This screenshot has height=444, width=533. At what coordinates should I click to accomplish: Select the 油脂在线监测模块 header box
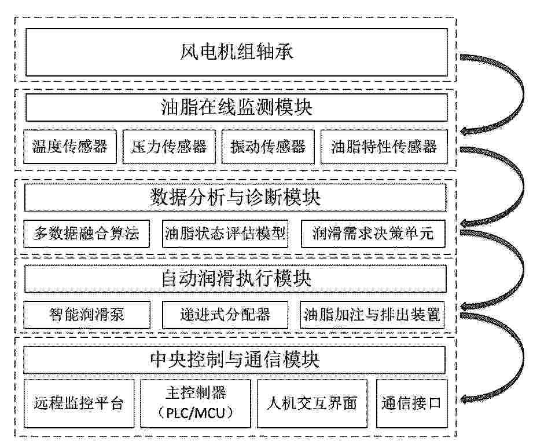click(x=236, y=108)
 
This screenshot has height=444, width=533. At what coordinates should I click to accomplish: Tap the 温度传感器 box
click(x=70, y=147)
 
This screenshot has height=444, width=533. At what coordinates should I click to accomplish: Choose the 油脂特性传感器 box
click(x=384, y=147)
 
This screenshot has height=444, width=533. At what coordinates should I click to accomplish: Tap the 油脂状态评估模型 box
click(x=225, y=234)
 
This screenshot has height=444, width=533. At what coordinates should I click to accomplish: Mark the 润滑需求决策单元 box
click(x=373, y=234)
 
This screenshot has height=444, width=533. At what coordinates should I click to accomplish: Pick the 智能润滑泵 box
click(x=87, y=315)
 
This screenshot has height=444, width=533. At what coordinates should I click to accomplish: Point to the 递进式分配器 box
click(x=225, y=315)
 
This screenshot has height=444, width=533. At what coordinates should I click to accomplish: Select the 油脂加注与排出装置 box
click(x=373, y=315)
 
